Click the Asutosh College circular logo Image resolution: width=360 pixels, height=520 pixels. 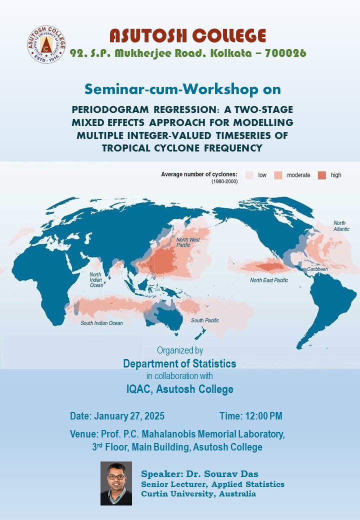(x=46, y=44)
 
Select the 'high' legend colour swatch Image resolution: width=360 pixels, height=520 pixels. (x=322, y=175)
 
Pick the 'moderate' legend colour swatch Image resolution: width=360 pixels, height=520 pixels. (x=278, y=175)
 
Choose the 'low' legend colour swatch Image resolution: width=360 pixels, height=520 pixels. (x=249, y=175)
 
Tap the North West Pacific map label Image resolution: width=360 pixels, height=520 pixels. (x=188, y=242)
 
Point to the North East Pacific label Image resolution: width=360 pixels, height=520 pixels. (x=269, y=280)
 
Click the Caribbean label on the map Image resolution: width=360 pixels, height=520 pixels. (x=317, y=269)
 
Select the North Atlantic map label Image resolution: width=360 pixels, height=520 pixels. (x=341, y=226)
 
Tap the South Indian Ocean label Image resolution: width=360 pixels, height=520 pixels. (x=101, y=323)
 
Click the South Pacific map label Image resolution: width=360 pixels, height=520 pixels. (x=205, y=320)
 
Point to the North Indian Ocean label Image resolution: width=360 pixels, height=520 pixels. (x=96, y=280)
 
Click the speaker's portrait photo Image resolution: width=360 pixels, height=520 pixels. (x=116, y=483)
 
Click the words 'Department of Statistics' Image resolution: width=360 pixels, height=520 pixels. (x=179, y=364)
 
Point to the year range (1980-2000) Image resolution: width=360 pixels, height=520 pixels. (x=224, y=181)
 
